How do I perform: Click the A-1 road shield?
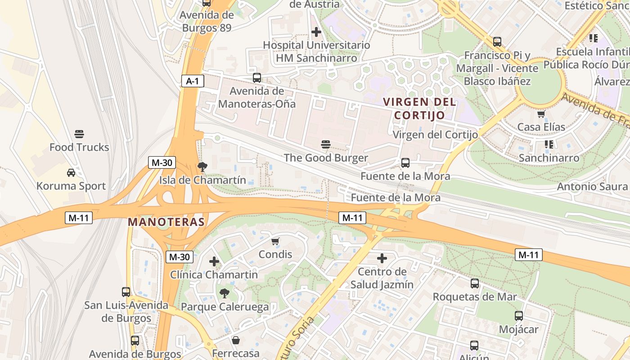pos(193,81)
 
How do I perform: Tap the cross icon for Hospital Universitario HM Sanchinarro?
pos(316,32)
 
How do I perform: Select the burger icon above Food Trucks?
pos(79,134)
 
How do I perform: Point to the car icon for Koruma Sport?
pos(71,172)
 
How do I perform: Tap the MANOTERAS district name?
pos(166,222)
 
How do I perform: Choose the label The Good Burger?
pos(326,158)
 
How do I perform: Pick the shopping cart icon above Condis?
pos(275,242)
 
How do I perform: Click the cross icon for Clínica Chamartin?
pos(214,261)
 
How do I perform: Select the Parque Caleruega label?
pos(225,307)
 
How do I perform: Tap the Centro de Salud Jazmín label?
pos(382,278)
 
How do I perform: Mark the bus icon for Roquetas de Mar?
pos(475,283)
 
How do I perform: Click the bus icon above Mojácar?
pos(519,316)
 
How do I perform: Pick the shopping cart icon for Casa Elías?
pos(541,114)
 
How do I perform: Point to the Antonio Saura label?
pos(592,186)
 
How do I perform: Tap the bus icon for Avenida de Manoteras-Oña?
pos(257,78)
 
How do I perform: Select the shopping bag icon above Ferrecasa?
pos(235,340)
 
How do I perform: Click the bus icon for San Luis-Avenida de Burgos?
pos(126,292)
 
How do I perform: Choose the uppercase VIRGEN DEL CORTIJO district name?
pos(419,108)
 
